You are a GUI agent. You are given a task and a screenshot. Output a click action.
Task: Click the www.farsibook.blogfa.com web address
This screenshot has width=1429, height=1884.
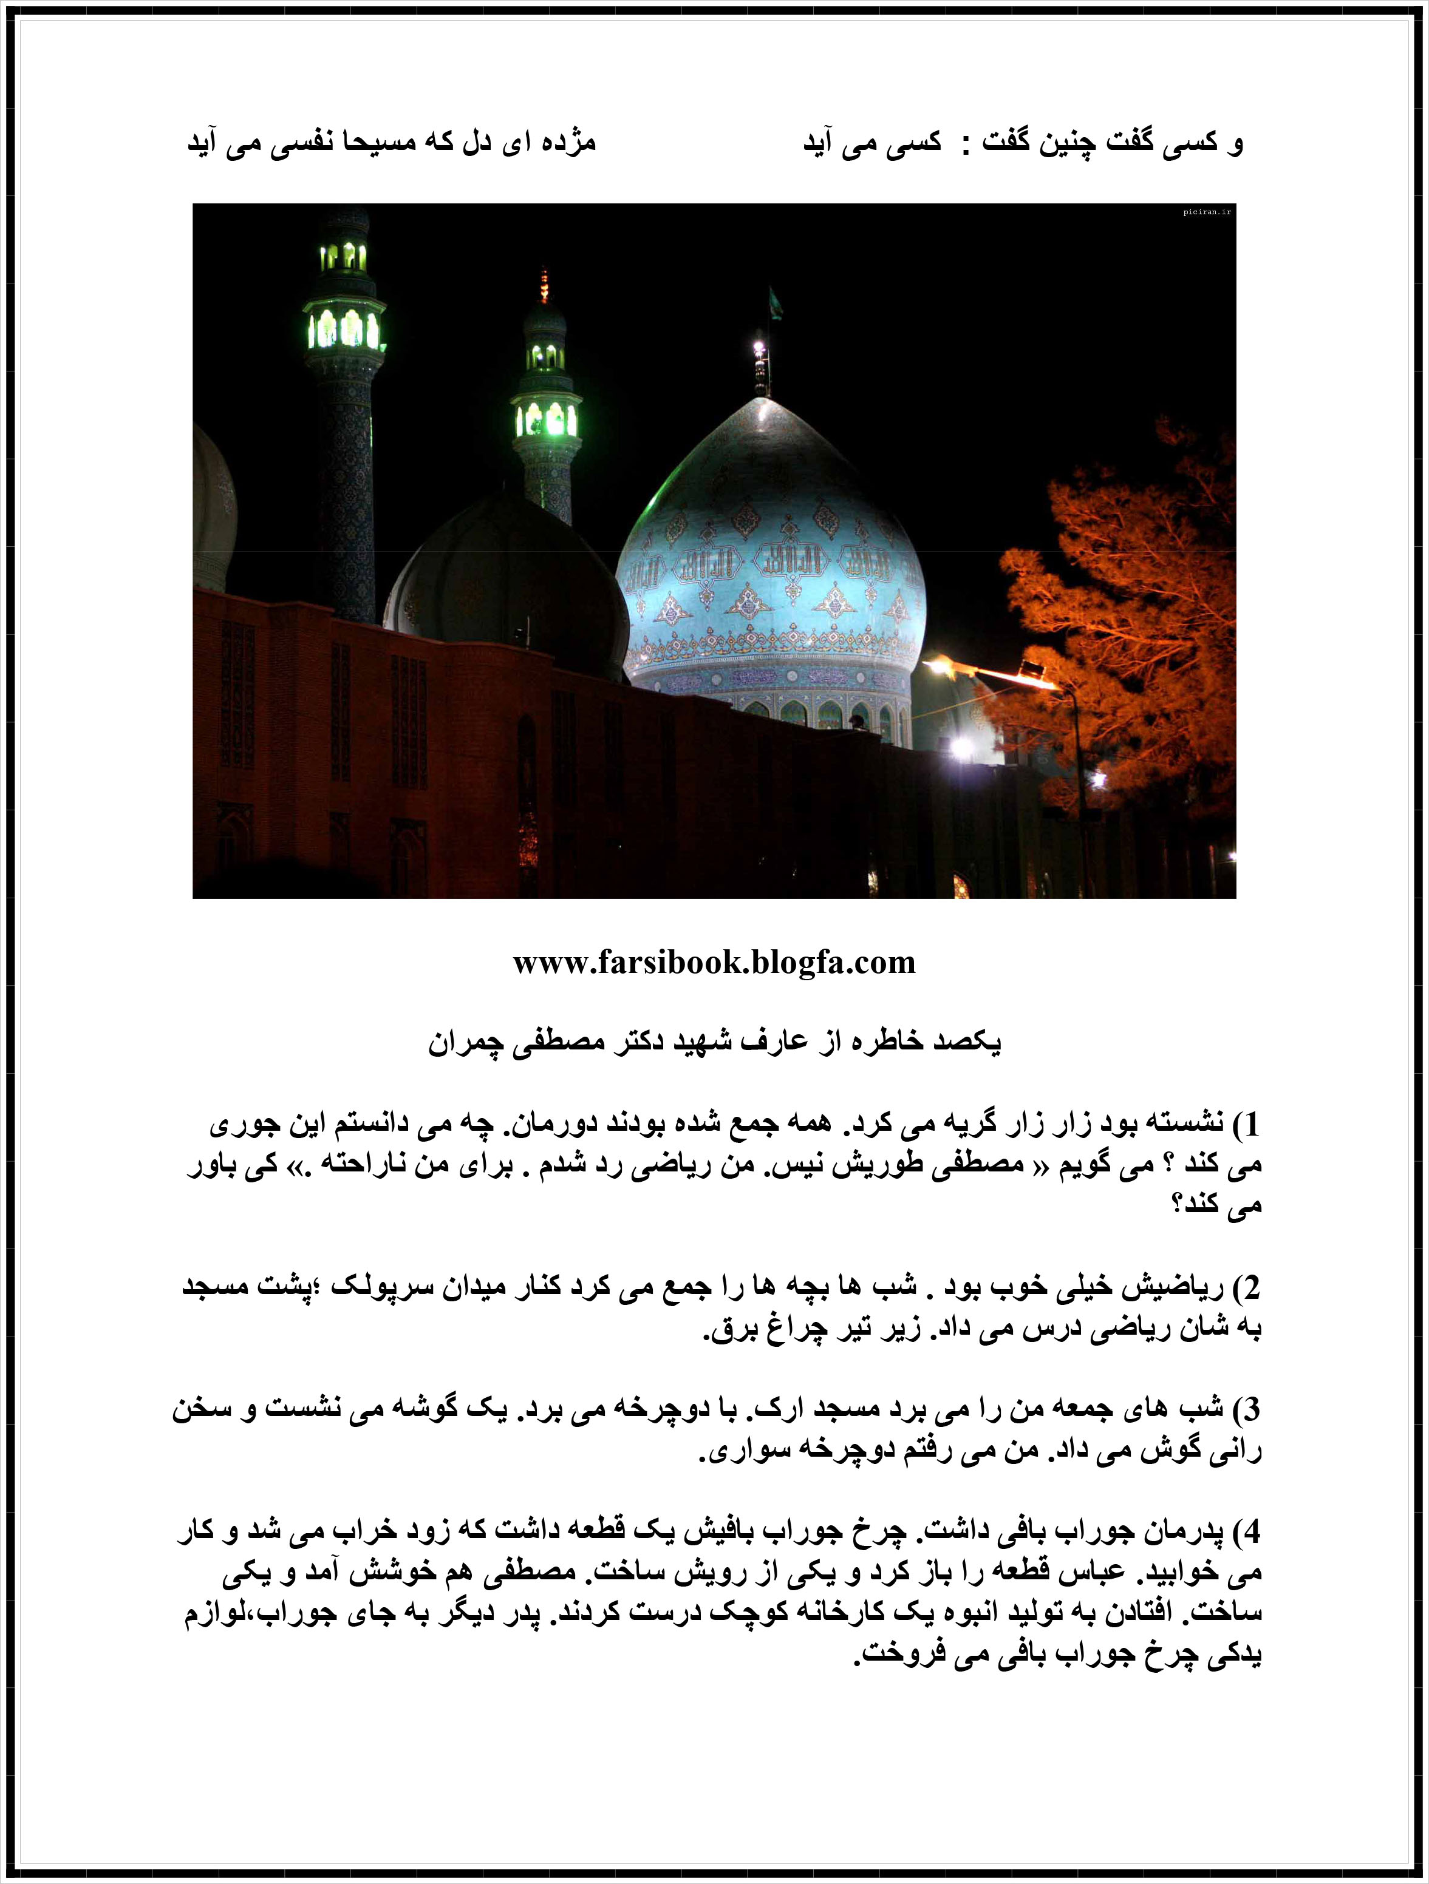pos(714,963)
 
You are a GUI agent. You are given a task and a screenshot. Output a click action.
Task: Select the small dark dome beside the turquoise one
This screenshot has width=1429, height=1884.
pos(503,579)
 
